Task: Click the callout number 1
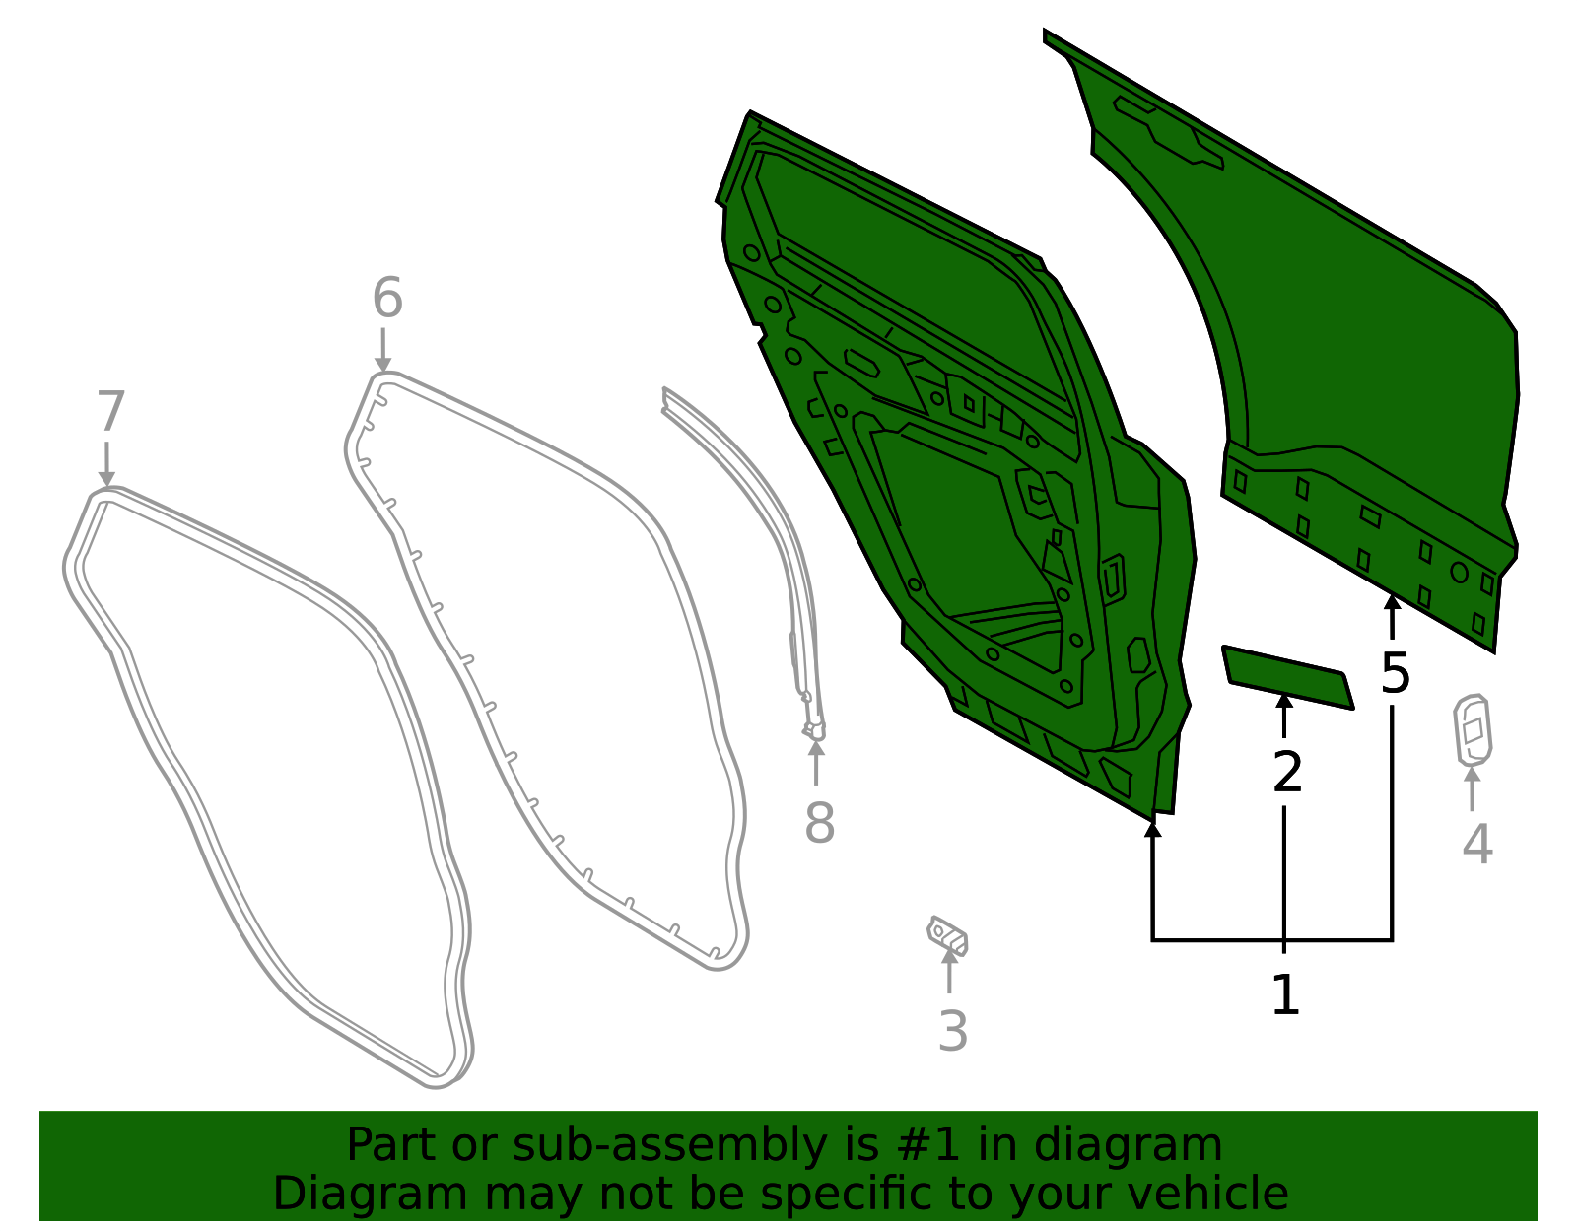(x=1285, y=994)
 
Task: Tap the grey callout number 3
(x=953, y=1031)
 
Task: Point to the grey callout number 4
(x=1476, y=845)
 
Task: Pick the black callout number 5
(x=1395, y=674)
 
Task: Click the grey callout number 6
(x=387, y=298)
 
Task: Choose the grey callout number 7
(x=111, y=411)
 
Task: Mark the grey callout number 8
(x=820, y=823)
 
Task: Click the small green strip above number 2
(x=1288, y=677)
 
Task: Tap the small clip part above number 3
(x=948, y=936)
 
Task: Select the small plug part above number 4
(x=1473, y=730)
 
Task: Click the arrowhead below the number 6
(x=383, y=364)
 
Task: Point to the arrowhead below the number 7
(x=106, y=478)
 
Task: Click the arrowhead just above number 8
(x=816, y=749)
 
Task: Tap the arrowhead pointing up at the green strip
(x=1284, y=702)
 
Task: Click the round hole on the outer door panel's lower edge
(x=1460, y=573)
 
